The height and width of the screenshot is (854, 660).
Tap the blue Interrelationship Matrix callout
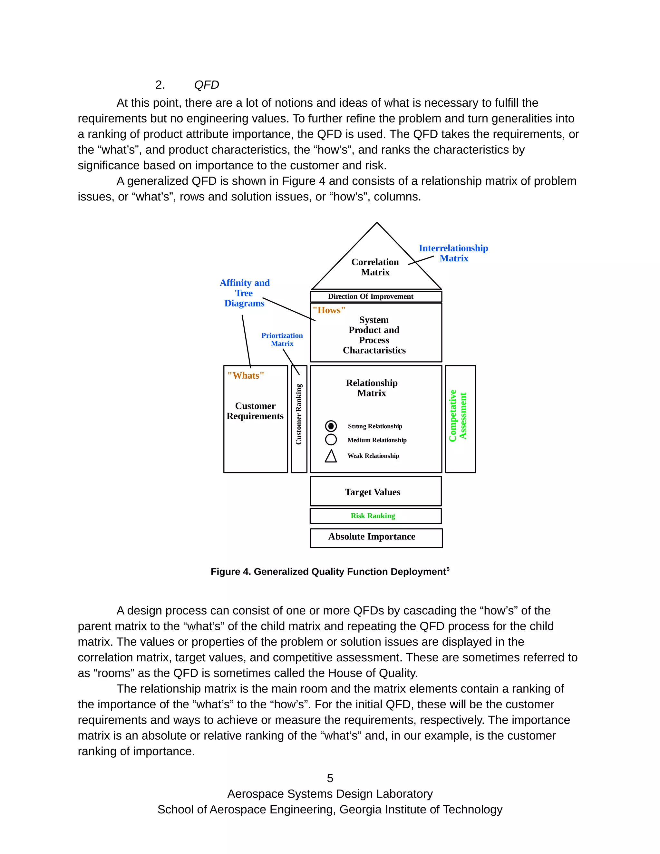pyautogui.click(x=453, y=253)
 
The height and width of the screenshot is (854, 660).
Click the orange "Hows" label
pyautogui.click(x=329, y=310)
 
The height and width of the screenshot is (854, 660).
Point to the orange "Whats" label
pyautogui.click(x=246, y=375)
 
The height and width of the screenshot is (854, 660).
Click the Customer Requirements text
pyautogui.click(x=255, y=411)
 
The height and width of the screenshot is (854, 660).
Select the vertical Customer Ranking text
pyautogui.click(x=299, y=414)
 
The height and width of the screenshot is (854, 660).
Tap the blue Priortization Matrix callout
pyautogui.click(x=282, y=339)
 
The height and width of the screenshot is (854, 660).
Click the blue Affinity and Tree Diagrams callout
pyautogui.click(x=244, y=293)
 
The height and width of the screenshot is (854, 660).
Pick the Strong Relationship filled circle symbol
pyautogui.click(x=331, y=426)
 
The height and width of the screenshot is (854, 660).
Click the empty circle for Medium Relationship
pyautogui.click(x=331, y=440)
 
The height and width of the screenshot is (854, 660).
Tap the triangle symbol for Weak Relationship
pyautogui.click(x=331, y=456)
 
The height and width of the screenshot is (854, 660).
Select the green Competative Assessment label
pyautogui.click(x=458, y=416)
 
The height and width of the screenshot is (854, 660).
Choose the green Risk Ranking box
pyautogui.click(x=373, y=516)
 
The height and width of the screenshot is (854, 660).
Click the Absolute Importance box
pyautogui.click(x=372, y=537)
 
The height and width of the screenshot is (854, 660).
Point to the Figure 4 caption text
pyautogui.click(x=330, y=572)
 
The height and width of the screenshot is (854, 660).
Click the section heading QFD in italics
pyautogui.click(x=207, y=85)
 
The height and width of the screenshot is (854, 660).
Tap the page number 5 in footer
pyautogui.click(x=330, y=778)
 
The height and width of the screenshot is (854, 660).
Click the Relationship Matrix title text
pyautogui.click(x=372, y=388)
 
